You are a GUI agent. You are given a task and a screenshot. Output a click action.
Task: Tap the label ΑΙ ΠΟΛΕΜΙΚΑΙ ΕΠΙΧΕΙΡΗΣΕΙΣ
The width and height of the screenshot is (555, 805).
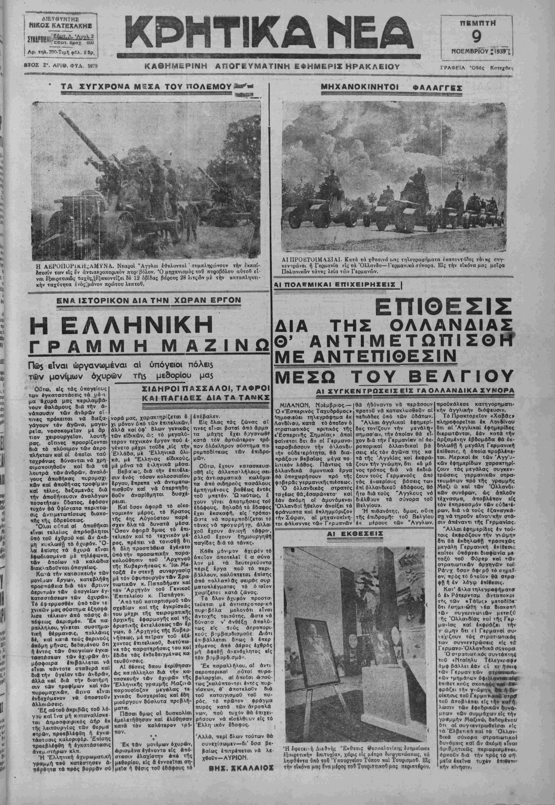coord(336,284)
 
